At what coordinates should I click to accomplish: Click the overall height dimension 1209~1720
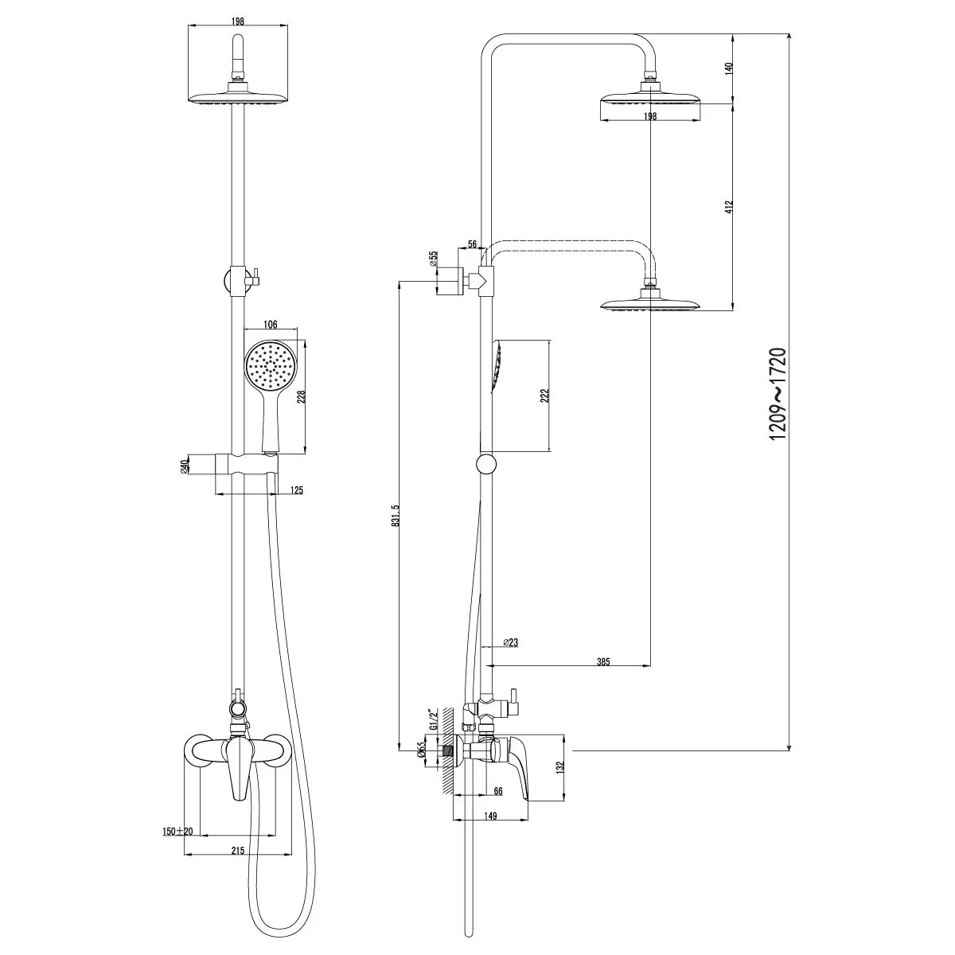point(777,394)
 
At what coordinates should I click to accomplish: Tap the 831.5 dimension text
point(396,522)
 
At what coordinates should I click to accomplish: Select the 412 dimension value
point(728,207)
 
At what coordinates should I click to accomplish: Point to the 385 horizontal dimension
point(603,661)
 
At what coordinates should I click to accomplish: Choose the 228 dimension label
point(301,397)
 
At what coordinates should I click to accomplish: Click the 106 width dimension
point(270,325)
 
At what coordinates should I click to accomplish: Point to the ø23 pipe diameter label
point(510,642)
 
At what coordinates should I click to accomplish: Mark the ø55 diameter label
point(434,259)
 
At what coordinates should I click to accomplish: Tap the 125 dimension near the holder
point(296,491)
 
